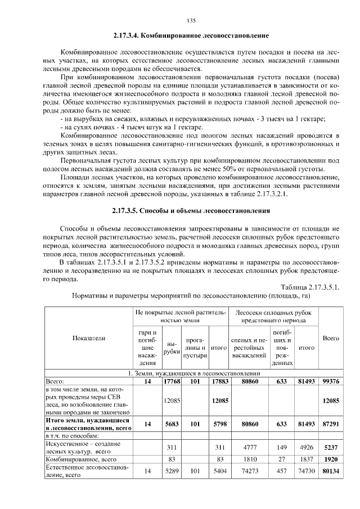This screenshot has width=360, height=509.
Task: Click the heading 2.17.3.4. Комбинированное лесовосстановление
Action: (x=190, y=35)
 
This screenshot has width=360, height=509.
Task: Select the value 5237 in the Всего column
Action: (x=330, y=447)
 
